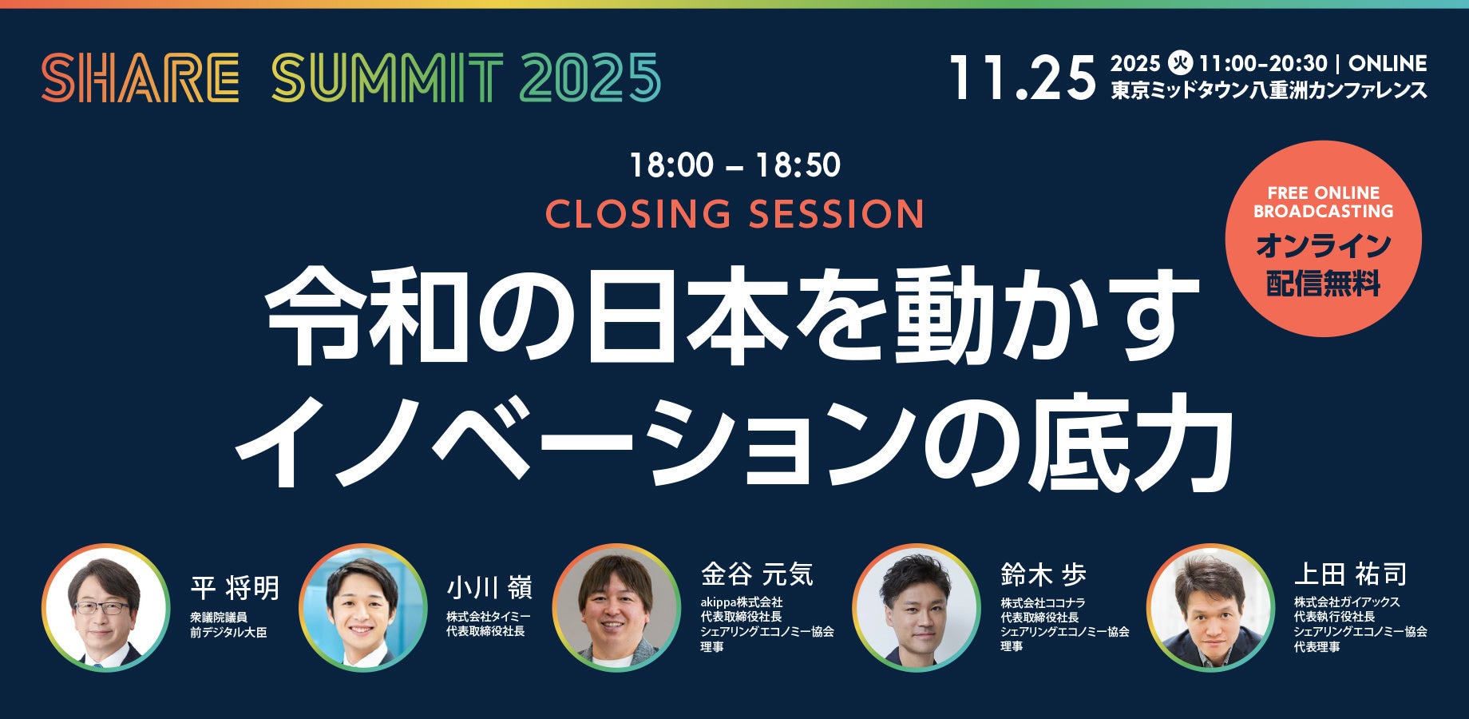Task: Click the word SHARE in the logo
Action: pyautogui.click(x=141, y=77)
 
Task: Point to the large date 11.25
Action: pyautogui.click(x=1023, y=78)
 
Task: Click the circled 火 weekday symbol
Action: pyautogui.click(x=1179, y=63)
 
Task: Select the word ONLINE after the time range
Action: pyautogui.click(x=1388, y=63)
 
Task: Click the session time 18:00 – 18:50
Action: pyautogui.click(x=734, y=165)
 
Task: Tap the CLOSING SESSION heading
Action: pyautogui.click(x=734, y=214)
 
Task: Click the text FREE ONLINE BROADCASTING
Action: pyautogui.click(x=1323, y=202)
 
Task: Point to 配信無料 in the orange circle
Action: pyautogui.click(x=1323, y=284)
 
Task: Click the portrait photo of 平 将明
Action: pyautogui.click(x=105, y=608)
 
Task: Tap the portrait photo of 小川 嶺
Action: pyautogui.click(x=362, y=608)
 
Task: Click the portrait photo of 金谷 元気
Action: pyautogui.click(x=616, y=608)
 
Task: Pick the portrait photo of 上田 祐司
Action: pyautogui.click(x=1210, y=608)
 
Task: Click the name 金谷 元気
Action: pyautogui.click(x=757, y=574)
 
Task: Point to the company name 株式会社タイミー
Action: pyautogui.click(x=488, y=616)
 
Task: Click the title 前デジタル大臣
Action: pyautogui.click(x=228, y=632)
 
